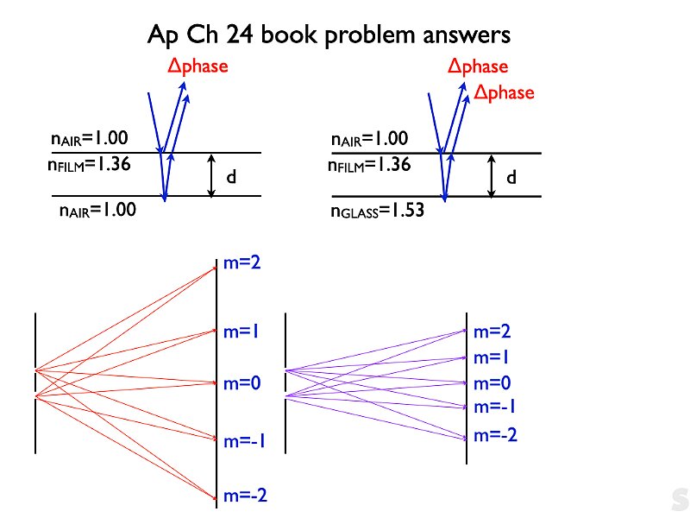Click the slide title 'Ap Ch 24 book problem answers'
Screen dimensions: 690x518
coord(329,35)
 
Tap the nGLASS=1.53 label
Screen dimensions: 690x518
coord(377,210)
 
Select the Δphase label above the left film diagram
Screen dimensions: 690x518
coord(198,67)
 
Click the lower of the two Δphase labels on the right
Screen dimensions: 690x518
coord(504,93)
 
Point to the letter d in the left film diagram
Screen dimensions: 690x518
coord(231,177)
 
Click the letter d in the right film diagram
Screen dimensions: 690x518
coord(511,177)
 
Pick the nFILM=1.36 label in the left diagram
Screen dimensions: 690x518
coord(89,165)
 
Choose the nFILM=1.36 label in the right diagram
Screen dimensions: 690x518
coord(369,165)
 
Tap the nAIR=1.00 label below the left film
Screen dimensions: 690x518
coord(97,210)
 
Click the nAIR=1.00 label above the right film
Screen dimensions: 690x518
coord(369,139)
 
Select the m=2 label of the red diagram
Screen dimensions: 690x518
coord(242,262)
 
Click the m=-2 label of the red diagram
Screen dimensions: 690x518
coord(245,496)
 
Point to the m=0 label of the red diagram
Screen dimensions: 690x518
coord(242,383)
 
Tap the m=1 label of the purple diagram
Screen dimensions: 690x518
coord(491,357)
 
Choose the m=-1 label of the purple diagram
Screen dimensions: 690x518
coord(494,407)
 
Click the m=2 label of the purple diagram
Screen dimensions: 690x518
coord(492,332)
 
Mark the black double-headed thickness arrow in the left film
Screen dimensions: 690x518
coord(211,176)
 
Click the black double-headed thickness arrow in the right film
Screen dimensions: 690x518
coord(492,176)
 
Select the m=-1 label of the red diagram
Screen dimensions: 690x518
coord(244,441)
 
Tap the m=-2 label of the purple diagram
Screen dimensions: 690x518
coord(495,435)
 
